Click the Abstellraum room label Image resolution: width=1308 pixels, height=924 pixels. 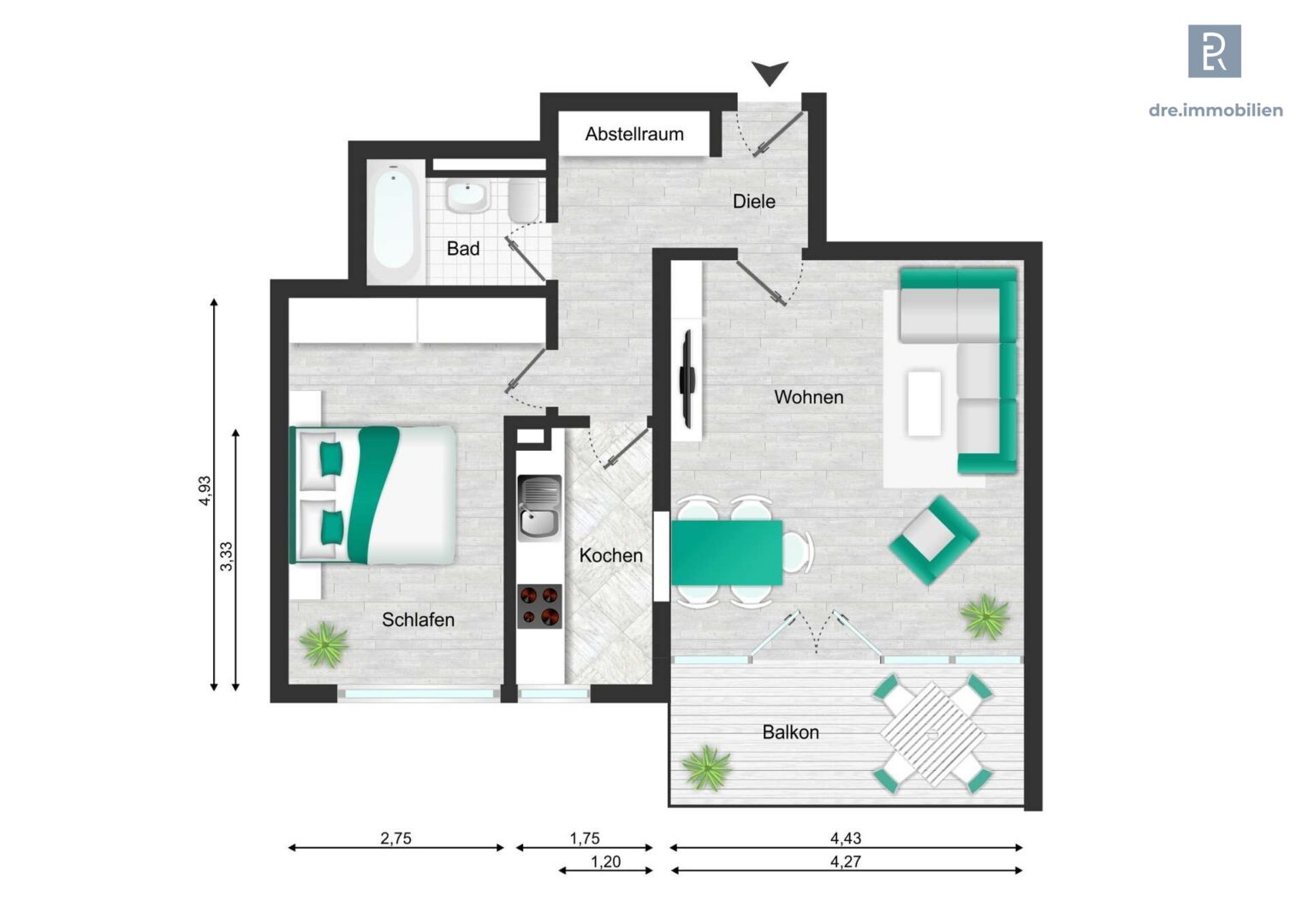tap(634, 134)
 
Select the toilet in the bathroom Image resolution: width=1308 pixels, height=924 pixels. tap(523, 200)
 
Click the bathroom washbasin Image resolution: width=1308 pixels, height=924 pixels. tap(467, 196)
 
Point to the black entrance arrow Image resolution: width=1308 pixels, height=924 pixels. tap(770, 74)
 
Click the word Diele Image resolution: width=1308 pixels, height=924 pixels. tap(753, 202)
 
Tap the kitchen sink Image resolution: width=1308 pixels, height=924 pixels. tap(539, 508)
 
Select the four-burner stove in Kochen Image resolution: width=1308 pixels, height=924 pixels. tap(539, 606)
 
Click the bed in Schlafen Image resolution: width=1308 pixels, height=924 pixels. tap(374, 495)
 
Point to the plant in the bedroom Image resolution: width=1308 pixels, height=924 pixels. tap(324, 644)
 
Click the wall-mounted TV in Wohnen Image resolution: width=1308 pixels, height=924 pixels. tap(687, 378)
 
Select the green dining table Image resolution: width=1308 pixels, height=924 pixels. tap(727, 553)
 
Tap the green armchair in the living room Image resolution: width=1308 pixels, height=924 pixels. tap(933, 539)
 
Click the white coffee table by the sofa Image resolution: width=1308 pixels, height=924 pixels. tap(924, 403)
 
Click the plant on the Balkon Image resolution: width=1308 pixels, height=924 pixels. tap(706, 767)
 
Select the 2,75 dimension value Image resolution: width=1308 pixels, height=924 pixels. tap(395, 838)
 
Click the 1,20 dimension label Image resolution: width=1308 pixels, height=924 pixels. tap(605, 862)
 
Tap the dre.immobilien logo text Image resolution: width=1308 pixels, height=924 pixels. tap(1215, 110)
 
